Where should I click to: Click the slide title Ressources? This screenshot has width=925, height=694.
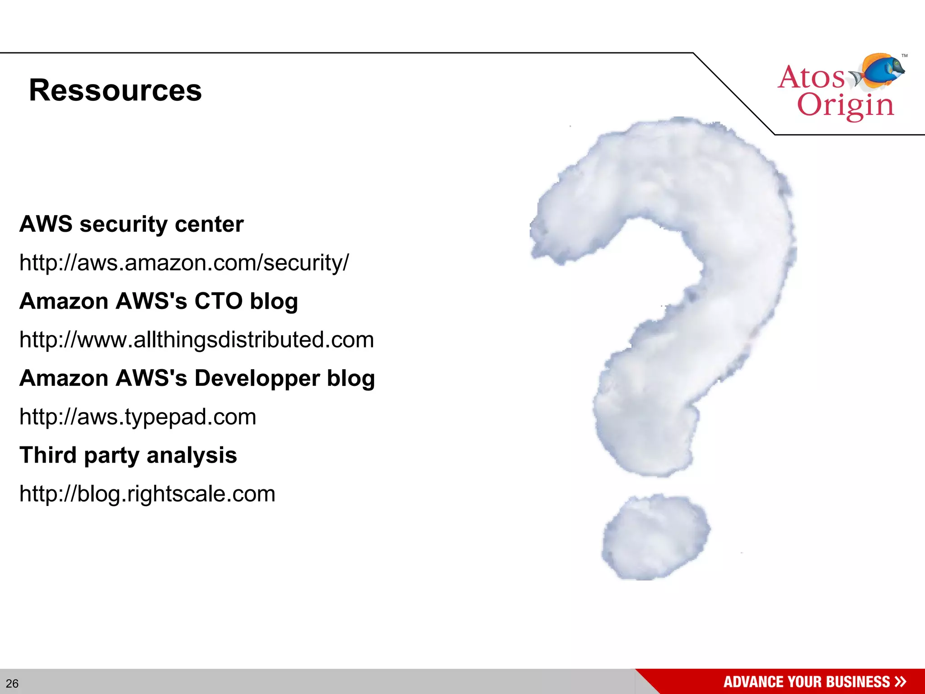[x=115, y=90]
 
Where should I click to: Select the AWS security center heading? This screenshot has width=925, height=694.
[x=131, y=224]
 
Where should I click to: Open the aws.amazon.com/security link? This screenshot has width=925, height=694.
[x=184, y=263]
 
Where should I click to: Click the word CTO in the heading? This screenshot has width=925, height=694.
[x=218, y=301]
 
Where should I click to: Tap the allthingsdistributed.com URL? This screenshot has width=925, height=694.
[x=196, y=340]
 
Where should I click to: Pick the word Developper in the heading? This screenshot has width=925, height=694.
[x=257, y=378]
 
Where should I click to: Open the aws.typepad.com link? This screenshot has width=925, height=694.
[x=138, y=417]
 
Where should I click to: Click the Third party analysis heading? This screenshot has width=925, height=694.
[x=128, y=455]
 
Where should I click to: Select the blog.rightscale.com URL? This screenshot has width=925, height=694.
[x=147, y=493]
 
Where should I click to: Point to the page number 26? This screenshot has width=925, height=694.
[x=12, y=683]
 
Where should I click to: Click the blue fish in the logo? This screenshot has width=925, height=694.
[x=883, y=70]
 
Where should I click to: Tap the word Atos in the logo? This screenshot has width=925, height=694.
[x=811, y=77]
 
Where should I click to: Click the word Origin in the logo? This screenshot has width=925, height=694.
[x=845, y=106]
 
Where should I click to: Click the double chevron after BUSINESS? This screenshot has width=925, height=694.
[x=900, y=681]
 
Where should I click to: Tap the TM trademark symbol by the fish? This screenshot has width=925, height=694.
[x=904, y=56]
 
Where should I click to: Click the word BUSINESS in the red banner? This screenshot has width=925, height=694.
[x=858, y=682]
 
